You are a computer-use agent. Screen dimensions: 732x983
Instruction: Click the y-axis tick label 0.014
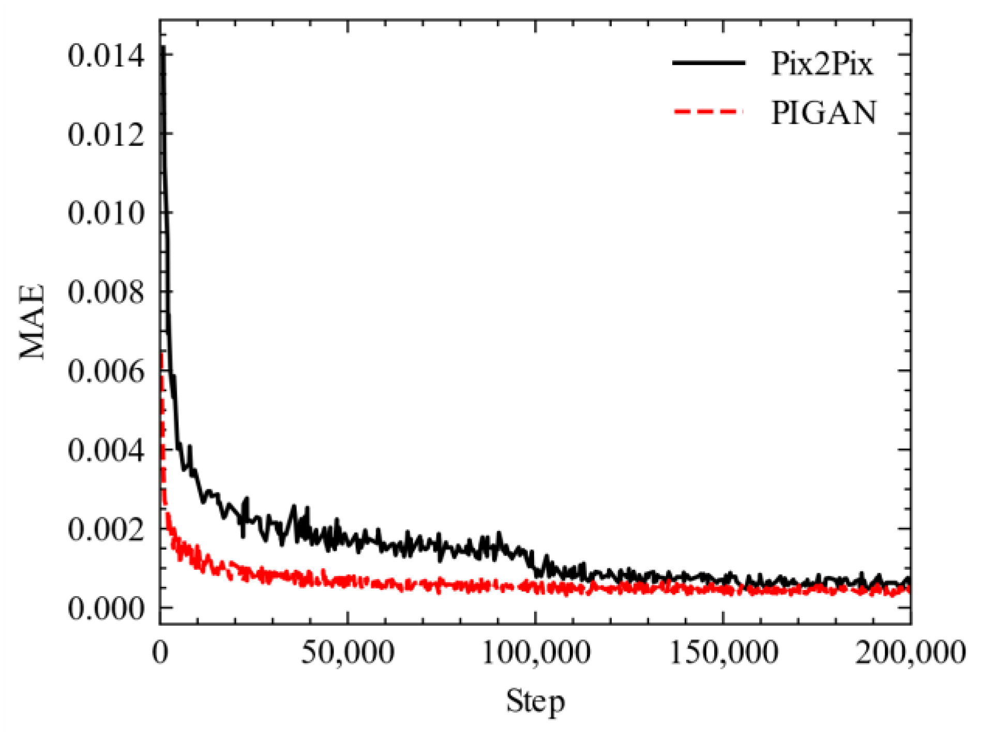[x=106, y=56]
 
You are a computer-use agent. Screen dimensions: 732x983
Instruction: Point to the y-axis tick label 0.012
[x=106, y=135]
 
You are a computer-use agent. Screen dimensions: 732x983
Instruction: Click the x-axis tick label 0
[x=160, y=652]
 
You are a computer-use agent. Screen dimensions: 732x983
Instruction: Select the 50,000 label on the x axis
[x=347, y=652]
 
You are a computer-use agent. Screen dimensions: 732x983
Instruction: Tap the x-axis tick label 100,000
[x=536, y=652]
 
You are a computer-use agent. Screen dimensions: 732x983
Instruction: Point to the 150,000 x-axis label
[x=723, y=652]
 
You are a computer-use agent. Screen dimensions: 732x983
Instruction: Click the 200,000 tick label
[x=910, y=652]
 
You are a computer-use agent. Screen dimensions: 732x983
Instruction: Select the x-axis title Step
[x=535, y=701]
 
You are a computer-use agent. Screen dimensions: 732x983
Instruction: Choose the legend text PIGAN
[x=824, y=112]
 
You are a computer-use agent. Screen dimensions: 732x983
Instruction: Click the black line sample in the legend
[x=708, y=63]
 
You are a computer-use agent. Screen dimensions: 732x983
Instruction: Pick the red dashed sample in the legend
[x=708, y=111]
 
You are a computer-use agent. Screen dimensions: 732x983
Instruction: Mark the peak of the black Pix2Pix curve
[x=163, y=48]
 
